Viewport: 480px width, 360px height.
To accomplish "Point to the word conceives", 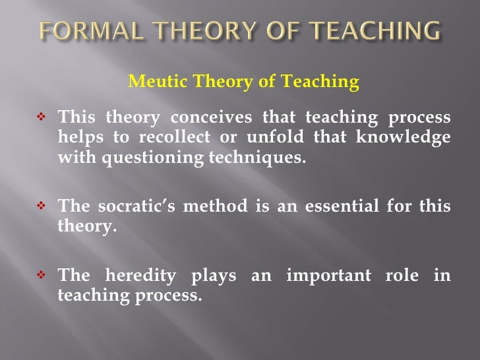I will (x=210, y=119).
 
